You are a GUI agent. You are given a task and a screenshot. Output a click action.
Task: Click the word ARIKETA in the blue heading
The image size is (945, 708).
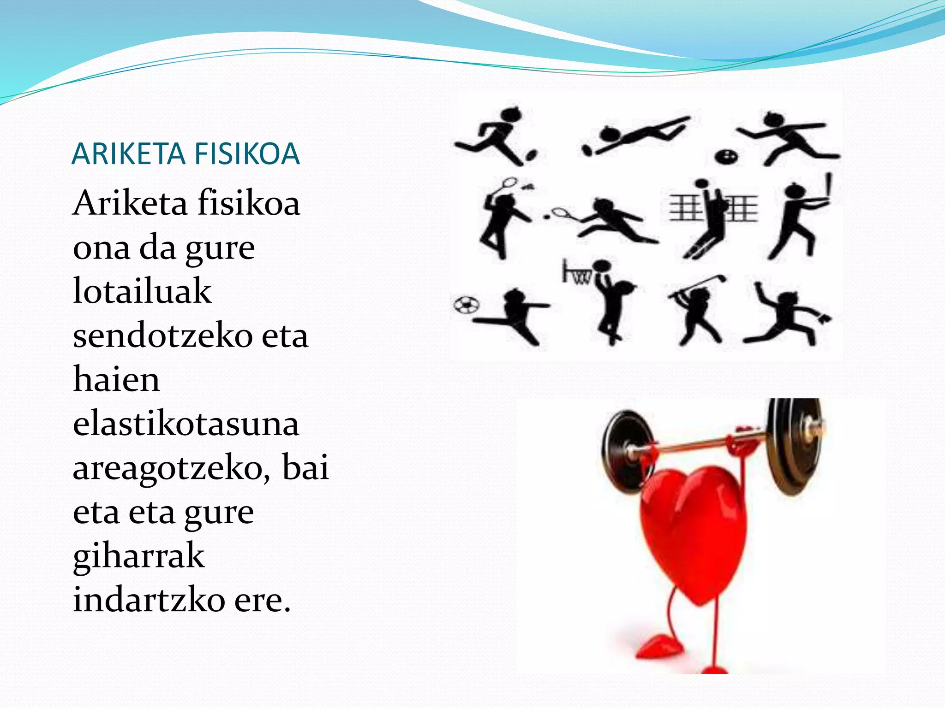[128, 154]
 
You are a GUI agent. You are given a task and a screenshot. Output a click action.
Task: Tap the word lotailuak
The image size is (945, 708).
[142, 291]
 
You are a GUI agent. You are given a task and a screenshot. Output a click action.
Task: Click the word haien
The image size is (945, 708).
[116, 380]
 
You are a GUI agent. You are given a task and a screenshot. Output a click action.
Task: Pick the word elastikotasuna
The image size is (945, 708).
[185, 424]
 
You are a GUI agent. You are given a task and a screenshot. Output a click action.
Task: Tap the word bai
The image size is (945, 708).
[305, 466]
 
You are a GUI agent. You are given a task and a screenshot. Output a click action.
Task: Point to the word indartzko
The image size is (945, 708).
[149, 600]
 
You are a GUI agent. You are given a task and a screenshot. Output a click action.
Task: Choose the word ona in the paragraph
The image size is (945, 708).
[102, 248]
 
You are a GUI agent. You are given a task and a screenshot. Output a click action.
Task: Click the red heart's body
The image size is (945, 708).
[692, 530]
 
